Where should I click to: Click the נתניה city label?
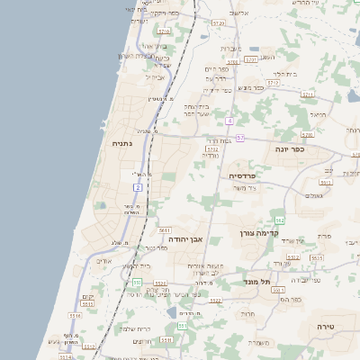point(122,143)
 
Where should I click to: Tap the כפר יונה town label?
point(310,150)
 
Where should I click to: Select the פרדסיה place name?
point(243,175)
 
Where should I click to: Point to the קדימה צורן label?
point(253,233)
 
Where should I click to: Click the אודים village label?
point(103,261)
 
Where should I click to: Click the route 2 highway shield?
point(138,185)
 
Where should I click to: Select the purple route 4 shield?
point(230,120)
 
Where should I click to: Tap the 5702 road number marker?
point(212,148)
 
